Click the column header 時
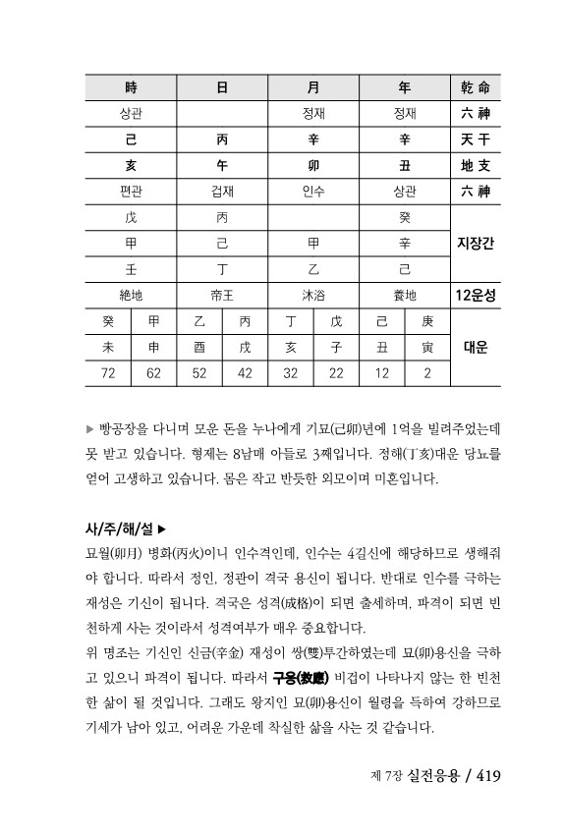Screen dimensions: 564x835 [x=131, y=86]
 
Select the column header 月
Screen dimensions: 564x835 [x=313, y=86]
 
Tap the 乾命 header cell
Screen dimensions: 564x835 [x=476, y=86]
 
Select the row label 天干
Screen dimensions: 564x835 [x=476, y=139]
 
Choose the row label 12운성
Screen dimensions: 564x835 [x=476, y=294]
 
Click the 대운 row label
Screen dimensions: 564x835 [x=476, y=347]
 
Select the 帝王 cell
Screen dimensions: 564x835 [x=223, y=294]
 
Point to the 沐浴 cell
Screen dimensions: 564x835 [x=313, y=294]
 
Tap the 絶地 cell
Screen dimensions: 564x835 [x=131, y=294]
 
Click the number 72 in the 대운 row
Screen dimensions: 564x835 [x=108, y=372]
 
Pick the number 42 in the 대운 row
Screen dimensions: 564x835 [x=245, y=372]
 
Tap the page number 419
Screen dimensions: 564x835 [x=488, y=777]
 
